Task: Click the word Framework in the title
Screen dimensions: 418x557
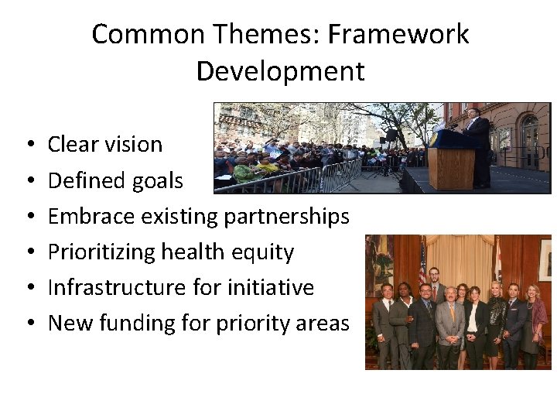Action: pyautogui.click(x=407, y=35)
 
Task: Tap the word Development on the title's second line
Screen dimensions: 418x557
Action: pyautogui.click(x=280, y=71)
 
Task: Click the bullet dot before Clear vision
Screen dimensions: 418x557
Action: pyautogui.click(x=28, y=146)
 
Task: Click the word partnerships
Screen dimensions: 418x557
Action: pyautogui.click(x=286, y=217)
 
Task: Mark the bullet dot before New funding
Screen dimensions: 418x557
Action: pyautogui.click(x=28, y=324)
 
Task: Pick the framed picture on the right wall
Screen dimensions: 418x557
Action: pyautogui.click(x=545, y=259)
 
